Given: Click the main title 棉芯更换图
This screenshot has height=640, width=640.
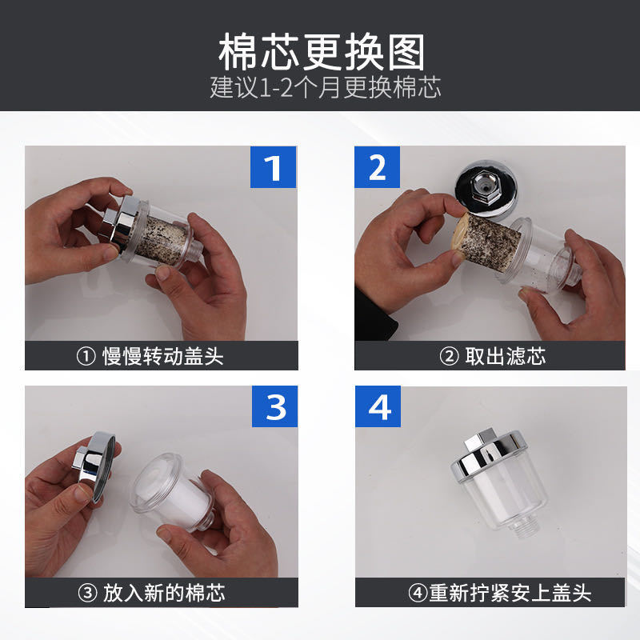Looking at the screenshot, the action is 322,52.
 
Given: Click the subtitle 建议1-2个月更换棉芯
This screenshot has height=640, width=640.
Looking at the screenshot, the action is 326,87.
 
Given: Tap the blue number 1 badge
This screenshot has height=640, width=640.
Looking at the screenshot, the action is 273,167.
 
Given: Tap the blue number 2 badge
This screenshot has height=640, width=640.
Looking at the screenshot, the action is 377,167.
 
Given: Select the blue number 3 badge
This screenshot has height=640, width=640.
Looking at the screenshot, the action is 274,406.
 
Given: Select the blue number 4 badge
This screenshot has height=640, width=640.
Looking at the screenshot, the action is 378,406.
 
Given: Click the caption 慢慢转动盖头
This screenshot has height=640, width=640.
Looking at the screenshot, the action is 163,356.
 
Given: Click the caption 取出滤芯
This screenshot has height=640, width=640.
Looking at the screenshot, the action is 505,356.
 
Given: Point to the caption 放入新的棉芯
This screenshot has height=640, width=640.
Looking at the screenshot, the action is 164,593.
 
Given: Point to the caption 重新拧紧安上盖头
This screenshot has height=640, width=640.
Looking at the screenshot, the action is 510,593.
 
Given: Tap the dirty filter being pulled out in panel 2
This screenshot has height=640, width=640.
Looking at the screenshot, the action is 488,240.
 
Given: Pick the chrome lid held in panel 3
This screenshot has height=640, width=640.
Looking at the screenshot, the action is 94,466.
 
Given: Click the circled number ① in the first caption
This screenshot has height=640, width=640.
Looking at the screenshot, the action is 86,356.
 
